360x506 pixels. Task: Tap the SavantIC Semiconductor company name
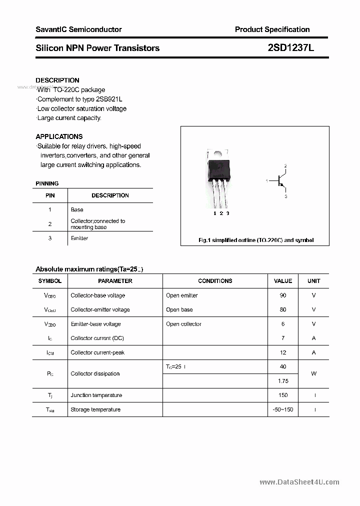click(x=78, y=29)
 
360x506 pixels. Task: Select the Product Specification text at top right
click(x=272, y=29)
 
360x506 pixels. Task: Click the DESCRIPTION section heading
click(x=57, y=80)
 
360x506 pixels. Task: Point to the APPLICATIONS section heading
click(x=59, y=136)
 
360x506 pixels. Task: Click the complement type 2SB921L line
click(x=80, y=99)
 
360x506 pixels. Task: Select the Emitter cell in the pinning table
click(x=79, y=238)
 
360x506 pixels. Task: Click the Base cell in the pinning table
click(x=77, y=209)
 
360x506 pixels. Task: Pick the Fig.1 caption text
click(x=256, y=240)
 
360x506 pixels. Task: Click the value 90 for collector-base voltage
click(x=283, y=295)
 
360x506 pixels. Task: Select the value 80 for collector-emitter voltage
click(x=283, y=309)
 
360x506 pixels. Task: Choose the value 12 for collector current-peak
click(x=283, y=352)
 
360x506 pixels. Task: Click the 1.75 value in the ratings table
click(x=283, y=381)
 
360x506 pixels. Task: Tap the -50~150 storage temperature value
click(x=283, y=409)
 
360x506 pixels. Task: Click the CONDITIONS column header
click(x=215, y=281)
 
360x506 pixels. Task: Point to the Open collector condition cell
click(x=183, y=324)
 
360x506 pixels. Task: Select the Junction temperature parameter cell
click(x=96, y=395)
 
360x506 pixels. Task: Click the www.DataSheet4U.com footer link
click(x=299, y=482)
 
